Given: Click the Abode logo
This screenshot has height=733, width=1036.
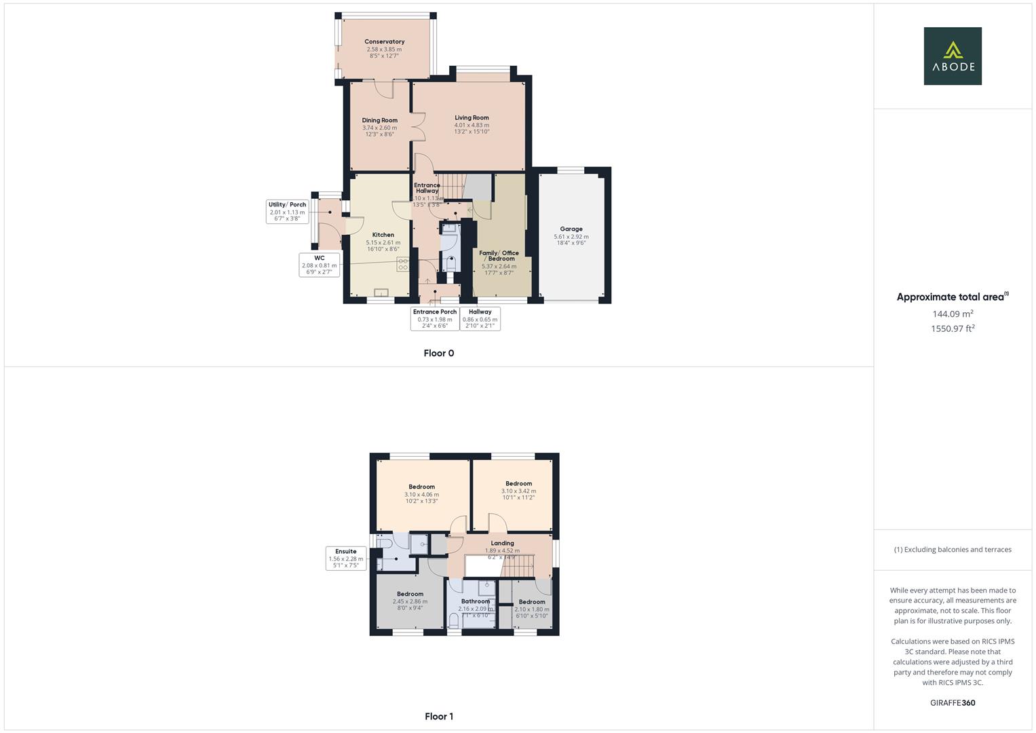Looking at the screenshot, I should coord(952,56).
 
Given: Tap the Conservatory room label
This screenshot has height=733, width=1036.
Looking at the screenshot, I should coord(384,42).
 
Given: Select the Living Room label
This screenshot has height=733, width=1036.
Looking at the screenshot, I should coord(472,118).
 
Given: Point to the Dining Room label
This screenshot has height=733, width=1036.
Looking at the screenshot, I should coord(379,121).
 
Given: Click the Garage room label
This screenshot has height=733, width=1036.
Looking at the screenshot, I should coord(571,229).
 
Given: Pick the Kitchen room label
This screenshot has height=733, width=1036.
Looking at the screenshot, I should coord(383,236).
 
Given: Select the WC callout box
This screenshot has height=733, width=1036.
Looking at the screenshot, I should coord(319,265).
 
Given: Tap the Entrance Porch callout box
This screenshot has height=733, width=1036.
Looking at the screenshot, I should coord(435,318).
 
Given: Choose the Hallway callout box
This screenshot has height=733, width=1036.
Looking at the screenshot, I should coord(480,318).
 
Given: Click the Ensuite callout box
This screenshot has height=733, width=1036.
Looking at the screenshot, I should coord(345,558).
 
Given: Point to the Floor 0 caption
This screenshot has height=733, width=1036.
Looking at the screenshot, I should coord(438,353).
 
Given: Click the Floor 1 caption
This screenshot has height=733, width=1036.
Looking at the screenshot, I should coord(438,716).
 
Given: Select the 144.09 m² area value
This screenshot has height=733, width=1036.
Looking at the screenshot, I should coord(953,314).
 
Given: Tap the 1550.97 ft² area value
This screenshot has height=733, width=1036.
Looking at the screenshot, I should coord(953,328).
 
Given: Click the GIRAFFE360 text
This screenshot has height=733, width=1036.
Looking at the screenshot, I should coord(953,702).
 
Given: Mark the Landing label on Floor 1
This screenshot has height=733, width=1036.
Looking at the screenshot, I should coord(502,543).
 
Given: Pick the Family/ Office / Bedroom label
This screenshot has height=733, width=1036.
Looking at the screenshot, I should coord(499,256).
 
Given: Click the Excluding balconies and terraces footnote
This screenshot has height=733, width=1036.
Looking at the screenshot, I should coord(953,550).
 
